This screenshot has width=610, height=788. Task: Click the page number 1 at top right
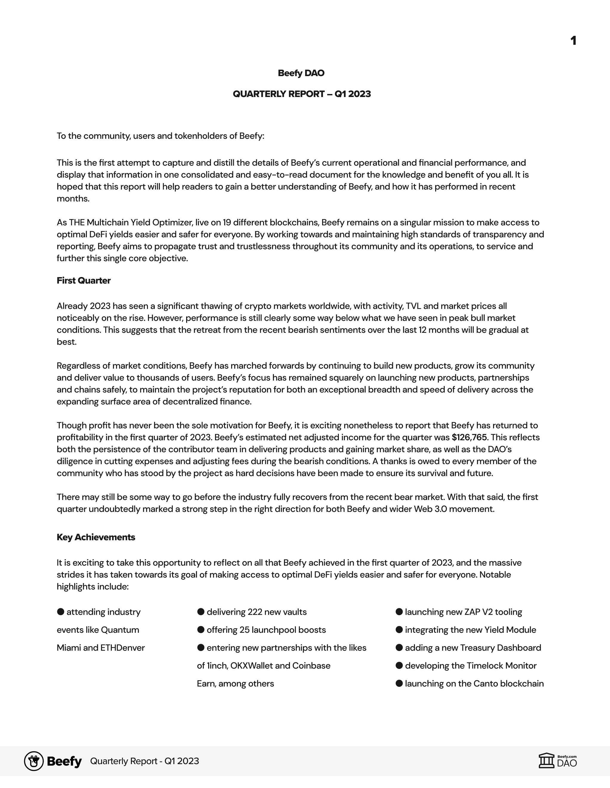point(573,40)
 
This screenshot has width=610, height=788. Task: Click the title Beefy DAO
point(301,73)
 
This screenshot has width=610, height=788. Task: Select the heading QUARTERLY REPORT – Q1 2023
point(302,94)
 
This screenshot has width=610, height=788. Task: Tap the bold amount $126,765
point(469,437)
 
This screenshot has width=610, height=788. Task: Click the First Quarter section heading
point(84,280)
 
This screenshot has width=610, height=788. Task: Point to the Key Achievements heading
point(96,537)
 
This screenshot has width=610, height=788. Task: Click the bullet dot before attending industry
point(61,612)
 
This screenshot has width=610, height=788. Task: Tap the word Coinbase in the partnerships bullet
point(311,666)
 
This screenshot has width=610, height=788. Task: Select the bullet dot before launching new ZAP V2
point(399,612)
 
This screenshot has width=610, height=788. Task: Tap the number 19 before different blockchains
point(227,222)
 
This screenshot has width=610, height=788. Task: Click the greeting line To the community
point(160,136)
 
